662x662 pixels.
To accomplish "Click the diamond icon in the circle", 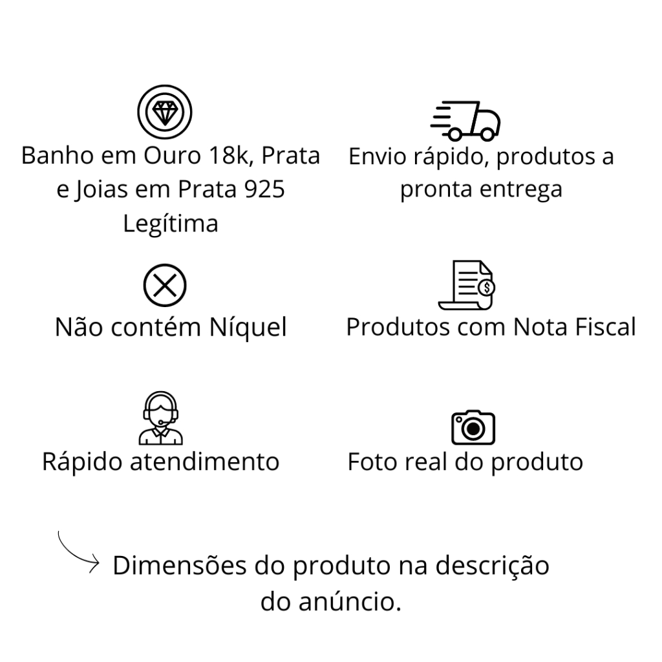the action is pyautogui.click(x=165, y=112).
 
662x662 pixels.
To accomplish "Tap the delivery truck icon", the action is pyautogui.click(x=465, y=121).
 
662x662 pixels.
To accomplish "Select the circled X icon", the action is pyautogui.click(x=165, y=285).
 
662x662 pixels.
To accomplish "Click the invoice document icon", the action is pyautogui.click(x=467, y=285).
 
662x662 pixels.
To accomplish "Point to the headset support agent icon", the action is pyautogui.click(x=160, y=418).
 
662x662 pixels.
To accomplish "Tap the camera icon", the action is pyautogui.click(x=473, y=427).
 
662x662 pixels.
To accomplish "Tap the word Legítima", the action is pyautogui.click(x=171, y=223).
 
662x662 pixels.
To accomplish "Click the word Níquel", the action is pyautogui.click(x=248, y=327).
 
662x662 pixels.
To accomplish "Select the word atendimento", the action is pyautogui.click(x=204, y=462).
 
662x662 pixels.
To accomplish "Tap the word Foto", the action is pyautogui.click(x=372, y=462).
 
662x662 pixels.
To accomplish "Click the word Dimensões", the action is pyautogui.click(x=180, y=565).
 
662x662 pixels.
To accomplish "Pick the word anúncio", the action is pyautogui.click(x=350, y=601).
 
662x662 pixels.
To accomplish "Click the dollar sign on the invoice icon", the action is pyautogui.click(x=487, y=288).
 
